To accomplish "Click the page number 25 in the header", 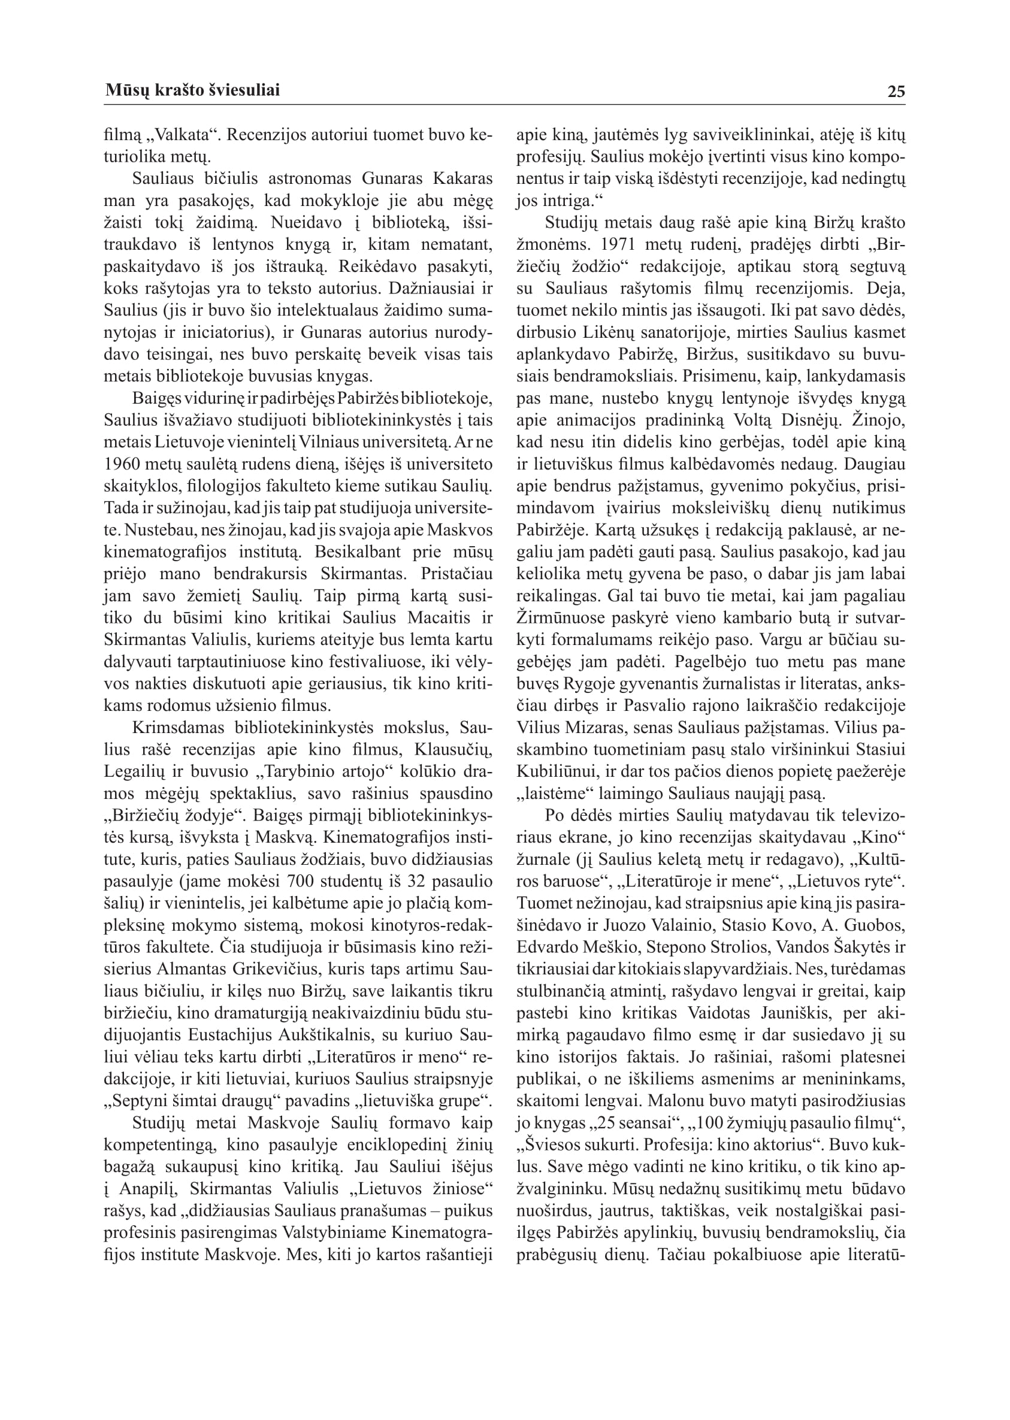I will tap(896, 92).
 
